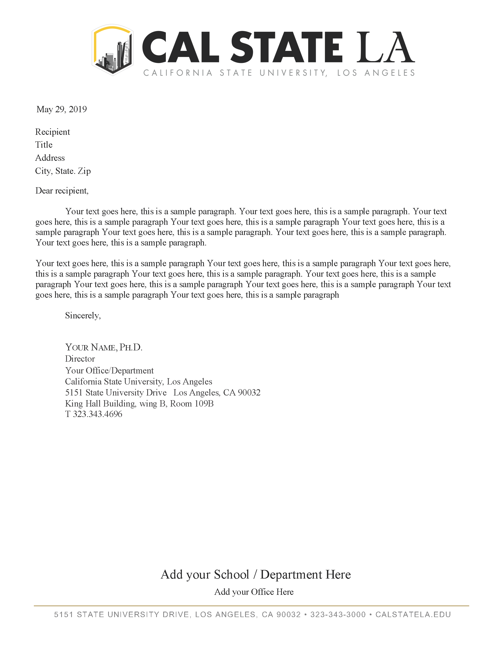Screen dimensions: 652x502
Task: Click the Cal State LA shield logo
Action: [112, 50]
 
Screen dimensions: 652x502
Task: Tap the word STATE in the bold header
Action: [286, 48]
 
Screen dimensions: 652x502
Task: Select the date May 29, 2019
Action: [61, 109]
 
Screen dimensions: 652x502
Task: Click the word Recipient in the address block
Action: [52, 132]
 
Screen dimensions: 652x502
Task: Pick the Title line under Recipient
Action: [44, 145]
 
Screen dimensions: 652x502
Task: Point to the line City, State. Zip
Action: [63, 171]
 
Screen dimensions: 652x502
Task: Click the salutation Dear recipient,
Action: [62, 191]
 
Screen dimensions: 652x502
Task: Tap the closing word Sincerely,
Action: [83, 316]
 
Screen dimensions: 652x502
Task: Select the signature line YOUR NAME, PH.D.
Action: [104, 347]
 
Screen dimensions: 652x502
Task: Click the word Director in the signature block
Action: [80, 359]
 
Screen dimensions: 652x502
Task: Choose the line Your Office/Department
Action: [109, 371]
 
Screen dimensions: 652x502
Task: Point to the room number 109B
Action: [204, 404]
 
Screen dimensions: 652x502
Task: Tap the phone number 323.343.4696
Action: [97, 414]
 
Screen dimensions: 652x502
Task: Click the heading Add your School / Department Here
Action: [256, 574]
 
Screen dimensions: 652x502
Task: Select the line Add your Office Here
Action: [254, 592]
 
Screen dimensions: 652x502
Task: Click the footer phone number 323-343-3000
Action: [338, 614]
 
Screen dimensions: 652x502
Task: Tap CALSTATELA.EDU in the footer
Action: [413, 614]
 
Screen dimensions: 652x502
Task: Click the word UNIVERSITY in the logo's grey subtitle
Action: [293, 73]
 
